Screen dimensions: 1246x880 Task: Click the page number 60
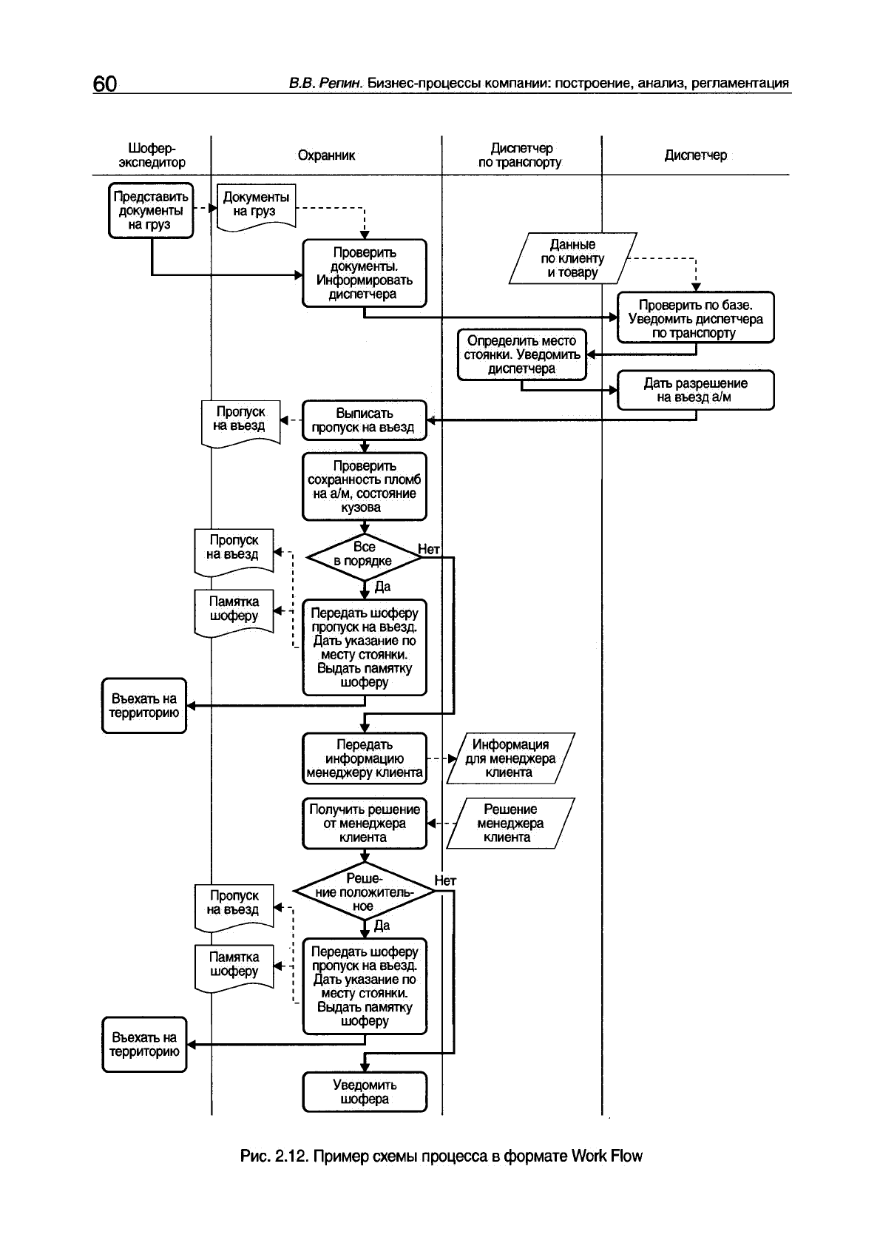pos(104,84)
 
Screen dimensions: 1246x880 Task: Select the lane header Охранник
pos(326,155)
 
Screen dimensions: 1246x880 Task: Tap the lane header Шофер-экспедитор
pos(152,155)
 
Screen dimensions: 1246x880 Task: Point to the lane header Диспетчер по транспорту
pos(520,155)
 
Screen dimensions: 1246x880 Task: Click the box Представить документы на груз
pos(151,211)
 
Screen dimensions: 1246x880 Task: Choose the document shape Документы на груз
pos(256,205)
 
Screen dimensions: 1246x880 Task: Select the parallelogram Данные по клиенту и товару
pos(572,259)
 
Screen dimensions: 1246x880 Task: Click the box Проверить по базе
pos(695,318)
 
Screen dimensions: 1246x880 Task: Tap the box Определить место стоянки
pos(521,354)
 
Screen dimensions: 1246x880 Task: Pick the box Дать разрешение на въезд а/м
pos(695,390)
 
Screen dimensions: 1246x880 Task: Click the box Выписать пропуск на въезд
pos(364,420)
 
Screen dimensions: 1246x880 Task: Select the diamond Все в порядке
pos(364,555)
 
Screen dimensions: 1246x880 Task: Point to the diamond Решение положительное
pos(364,892)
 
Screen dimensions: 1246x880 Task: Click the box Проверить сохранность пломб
pos(364,487)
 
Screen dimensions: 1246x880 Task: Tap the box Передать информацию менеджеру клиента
pos(364,758)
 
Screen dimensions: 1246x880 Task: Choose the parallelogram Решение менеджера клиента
pos(510,824)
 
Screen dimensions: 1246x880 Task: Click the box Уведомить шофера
pos(365,1092)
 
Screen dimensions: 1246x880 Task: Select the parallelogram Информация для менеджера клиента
pos(510,758)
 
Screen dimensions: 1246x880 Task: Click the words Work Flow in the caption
pos(606,1156)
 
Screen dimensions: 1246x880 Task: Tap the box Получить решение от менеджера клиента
pos(364,824)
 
